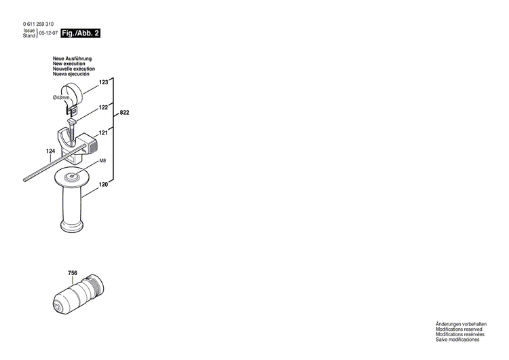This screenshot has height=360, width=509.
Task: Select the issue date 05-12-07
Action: point(48,33)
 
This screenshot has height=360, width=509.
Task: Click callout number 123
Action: point(103,82)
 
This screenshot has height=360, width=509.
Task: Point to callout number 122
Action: point(103,107)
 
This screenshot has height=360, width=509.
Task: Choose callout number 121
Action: point(103,133)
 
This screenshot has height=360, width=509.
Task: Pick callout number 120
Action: point(103,184)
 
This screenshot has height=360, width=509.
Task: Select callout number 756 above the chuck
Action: point(73,255)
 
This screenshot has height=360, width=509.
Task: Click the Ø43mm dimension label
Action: point(62,98)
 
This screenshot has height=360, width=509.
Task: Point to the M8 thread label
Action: point(103,161)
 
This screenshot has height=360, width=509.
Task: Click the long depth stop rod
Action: point(48,167)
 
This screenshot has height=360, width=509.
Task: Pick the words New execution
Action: point(72,65)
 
